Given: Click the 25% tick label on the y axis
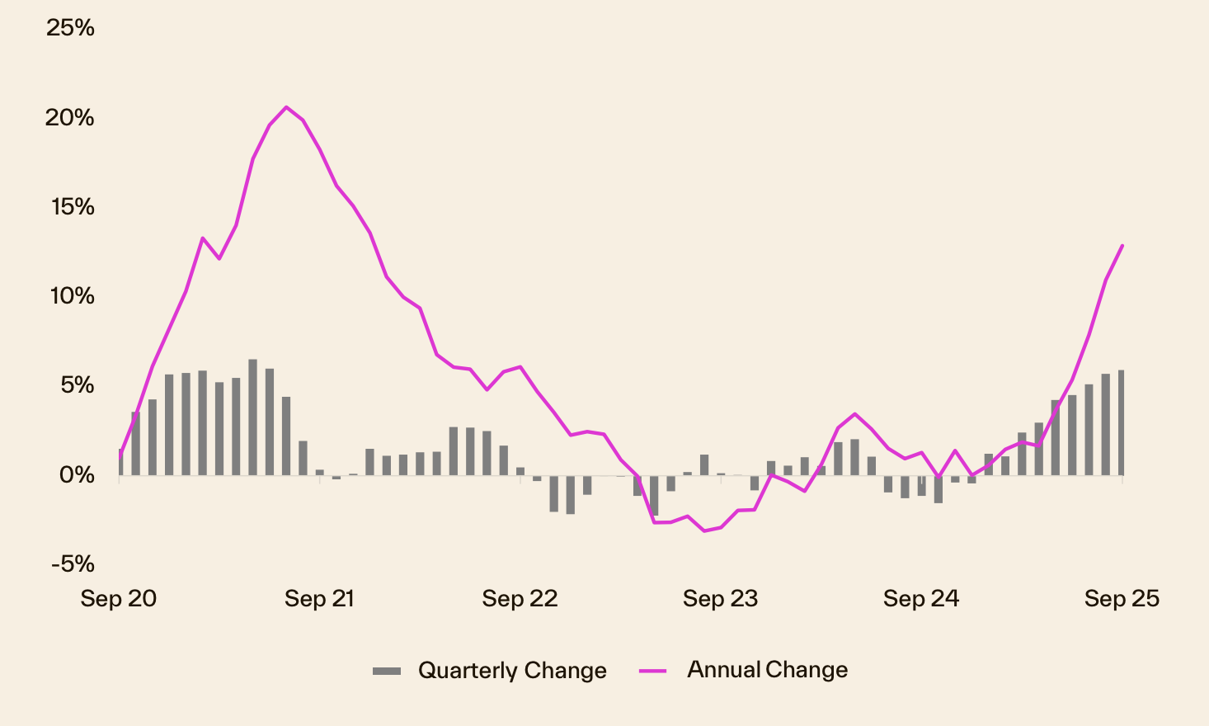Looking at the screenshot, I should (70, 28).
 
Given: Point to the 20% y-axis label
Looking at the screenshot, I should (70, 117).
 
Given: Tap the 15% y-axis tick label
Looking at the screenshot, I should (73, 206).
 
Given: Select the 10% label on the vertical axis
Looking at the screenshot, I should (72, 295).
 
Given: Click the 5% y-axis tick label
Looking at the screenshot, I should (76, 385).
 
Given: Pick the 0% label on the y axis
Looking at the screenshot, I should (76, 474).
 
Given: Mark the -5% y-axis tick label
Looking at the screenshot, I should (73, 564).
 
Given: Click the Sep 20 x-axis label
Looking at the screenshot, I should (119, 599).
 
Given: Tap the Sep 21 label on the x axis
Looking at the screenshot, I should (319, 599).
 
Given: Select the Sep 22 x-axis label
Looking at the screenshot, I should (520, 599).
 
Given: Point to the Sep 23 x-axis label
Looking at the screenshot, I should (720, 599).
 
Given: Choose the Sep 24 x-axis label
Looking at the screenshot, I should (921, 599).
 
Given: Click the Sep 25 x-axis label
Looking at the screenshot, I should (1122, 599).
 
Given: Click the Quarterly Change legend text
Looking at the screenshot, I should (512, 671).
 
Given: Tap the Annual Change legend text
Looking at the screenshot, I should (767, 670).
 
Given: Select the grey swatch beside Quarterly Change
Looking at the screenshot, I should (387, 671).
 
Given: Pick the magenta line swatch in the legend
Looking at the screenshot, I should (652, 671).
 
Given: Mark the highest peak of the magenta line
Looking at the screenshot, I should (286, 107).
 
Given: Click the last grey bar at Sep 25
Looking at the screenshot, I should (1122, 422).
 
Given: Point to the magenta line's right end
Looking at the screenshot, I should (1122, 245).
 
